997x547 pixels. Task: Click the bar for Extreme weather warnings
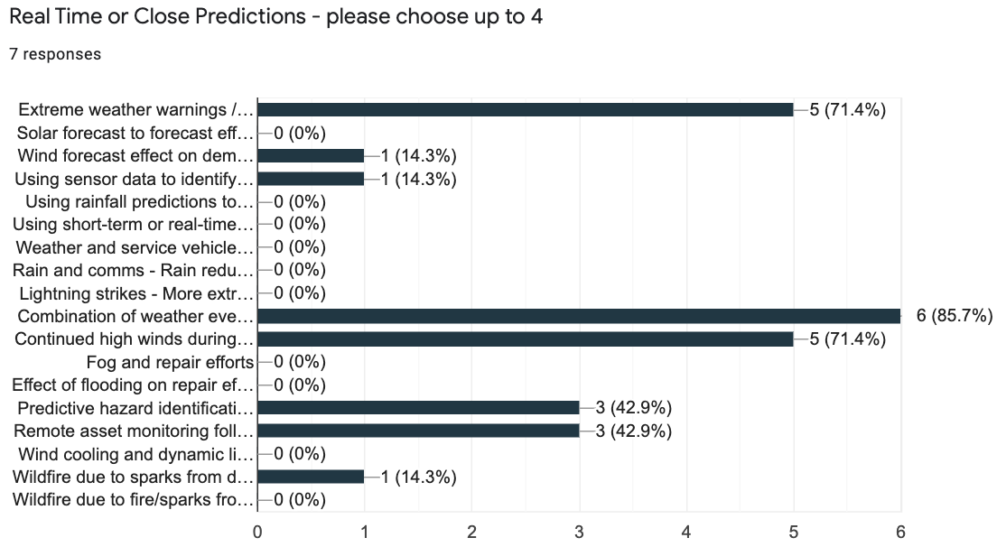click(526, 109)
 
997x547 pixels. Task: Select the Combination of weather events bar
click(579, 315)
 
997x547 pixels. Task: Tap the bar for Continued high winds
click(526, 338)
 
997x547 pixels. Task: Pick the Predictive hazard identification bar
click(418, 407)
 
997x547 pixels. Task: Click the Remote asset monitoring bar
click(418, 431)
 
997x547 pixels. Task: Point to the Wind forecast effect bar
click(311, 155)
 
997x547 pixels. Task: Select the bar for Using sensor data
click(311, 178)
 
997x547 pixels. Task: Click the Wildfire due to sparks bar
click(311, 476)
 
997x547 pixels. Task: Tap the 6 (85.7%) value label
click(955, 315)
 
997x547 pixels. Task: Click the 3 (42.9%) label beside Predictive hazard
click(633, 407)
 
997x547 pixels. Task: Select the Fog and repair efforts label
click(170, 362)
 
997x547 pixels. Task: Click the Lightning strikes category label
click(135, 292)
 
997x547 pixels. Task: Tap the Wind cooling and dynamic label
click(134, 453)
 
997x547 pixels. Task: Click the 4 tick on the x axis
click(686, 532)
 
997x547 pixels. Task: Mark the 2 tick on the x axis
click(472, 532)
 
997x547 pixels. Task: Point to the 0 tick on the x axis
click(258, 532)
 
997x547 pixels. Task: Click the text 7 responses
click(55, 54)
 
